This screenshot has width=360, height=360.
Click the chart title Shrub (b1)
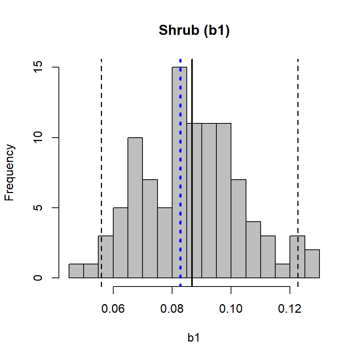pos(194,30)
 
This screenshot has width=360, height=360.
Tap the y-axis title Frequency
pos(10,173)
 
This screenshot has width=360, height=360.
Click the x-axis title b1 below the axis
pos(193,338)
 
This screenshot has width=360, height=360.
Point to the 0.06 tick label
pos(113,310)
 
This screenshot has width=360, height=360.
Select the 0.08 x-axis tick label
pos(172,310)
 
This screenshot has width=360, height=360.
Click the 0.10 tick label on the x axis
pos(231,310)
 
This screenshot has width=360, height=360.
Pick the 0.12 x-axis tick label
pos(289,310)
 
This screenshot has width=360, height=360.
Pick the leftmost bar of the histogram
pos(76,271)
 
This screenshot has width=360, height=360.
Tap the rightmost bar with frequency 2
pos(312,264)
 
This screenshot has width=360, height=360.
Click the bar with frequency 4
pos(253,250)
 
